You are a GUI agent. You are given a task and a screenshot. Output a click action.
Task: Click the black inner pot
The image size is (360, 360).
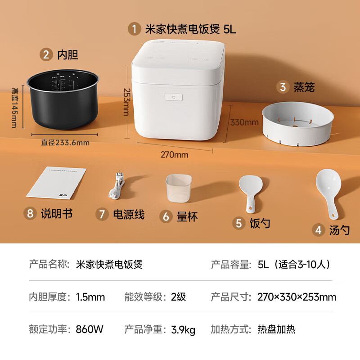coord(63,101)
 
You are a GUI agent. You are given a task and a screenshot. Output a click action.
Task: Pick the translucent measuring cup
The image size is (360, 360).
coord(179,187)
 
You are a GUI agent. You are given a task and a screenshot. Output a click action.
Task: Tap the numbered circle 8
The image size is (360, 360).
coord(30,213)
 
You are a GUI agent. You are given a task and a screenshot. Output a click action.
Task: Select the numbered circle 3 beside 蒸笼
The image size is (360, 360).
coord(283,87)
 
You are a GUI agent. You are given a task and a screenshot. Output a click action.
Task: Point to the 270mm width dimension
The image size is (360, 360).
coord(174,155)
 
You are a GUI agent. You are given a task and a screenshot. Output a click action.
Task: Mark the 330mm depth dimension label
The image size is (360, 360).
coord(244,122)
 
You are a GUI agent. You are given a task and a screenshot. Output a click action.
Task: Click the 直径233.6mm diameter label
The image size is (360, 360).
coord(65,143)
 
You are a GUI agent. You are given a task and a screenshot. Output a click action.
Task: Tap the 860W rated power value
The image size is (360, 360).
coord(90,329)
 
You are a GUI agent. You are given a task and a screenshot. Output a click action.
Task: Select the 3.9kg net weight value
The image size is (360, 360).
coord(183,330)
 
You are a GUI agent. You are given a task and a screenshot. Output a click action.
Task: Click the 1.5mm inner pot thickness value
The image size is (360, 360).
coord(90,297)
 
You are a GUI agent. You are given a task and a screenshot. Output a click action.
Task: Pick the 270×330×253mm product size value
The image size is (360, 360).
coord(297,297)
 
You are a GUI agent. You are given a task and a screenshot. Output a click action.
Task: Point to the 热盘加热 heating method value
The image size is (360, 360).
coord(276,329)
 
